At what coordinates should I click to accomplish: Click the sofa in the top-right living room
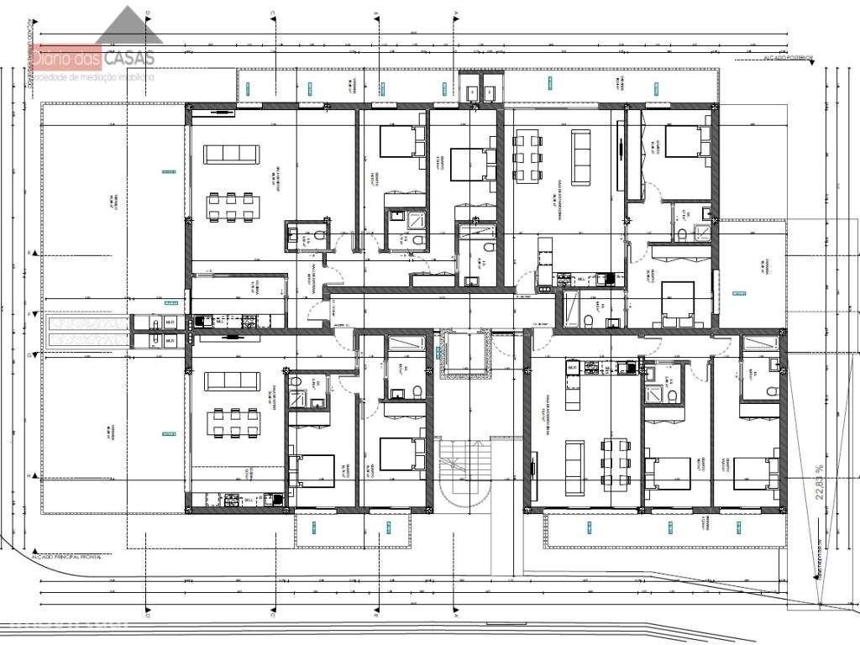point(581,157)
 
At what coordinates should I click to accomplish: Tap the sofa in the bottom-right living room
point(574,466)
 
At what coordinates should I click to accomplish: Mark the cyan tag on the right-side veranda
point(739,292)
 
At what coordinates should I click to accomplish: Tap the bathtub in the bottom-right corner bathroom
point(761,343)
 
